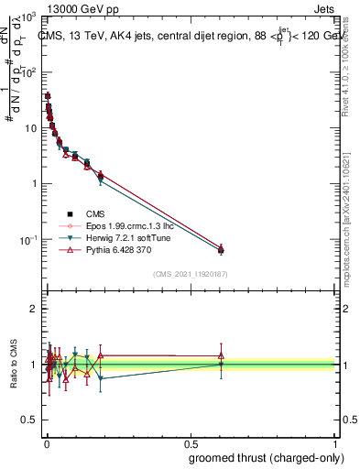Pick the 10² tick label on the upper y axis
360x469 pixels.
pyautogui.click(x=29, y=71)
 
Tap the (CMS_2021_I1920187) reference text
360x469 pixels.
pyautogui.click(x=190, y=274)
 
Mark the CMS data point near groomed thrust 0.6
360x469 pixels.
pyautogui.click(x=220, y=250)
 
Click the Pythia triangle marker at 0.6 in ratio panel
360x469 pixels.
pyautogui.click(x=220, y=355)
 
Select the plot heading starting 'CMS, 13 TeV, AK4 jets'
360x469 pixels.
pyautogui.click(x=183, y=37)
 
